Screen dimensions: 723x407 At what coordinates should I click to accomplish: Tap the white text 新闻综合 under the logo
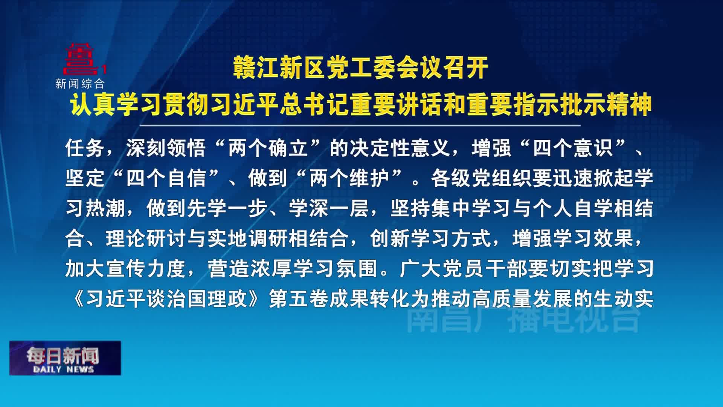point(80,84)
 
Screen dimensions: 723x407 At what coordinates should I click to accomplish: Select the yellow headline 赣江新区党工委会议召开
point(361,68)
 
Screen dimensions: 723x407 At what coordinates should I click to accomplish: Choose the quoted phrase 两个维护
point(349,178)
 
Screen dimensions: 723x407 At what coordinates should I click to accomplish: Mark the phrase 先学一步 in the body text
point(227,208)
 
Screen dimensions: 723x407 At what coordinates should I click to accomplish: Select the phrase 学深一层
point(329,208)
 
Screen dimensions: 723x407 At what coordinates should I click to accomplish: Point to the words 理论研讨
point(146,238)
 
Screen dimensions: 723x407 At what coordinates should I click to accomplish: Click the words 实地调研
point(248,238)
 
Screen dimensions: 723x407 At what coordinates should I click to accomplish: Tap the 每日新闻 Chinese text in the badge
point(63,355)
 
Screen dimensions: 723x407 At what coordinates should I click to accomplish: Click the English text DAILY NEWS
point(63,369)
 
